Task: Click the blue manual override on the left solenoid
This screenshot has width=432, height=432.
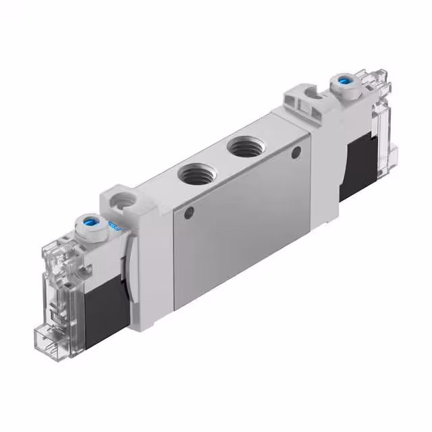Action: click(90, 221)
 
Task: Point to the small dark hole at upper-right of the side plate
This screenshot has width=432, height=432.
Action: click(296, 154)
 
